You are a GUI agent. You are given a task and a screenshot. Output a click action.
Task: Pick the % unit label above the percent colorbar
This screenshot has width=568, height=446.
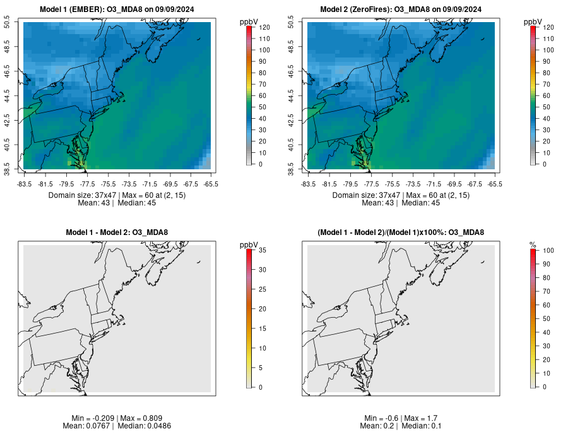click(533, 244)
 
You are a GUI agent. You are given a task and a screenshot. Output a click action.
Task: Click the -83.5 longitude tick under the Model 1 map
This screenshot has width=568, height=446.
click(24, 184)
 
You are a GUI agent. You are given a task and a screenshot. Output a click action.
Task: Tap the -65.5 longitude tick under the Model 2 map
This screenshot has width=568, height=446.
click(495, 184)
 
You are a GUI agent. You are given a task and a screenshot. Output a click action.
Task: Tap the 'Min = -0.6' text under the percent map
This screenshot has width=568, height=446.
click(381, 418)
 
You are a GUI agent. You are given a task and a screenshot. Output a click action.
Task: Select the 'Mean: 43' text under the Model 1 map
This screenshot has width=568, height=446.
click(93, 203)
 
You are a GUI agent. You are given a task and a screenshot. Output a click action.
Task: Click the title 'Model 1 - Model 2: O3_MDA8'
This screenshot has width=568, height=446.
click(117, 233)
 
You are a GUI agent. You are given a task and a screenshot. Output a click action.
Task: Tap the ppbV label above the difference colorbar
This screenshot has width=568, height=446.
click(249, 244)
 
